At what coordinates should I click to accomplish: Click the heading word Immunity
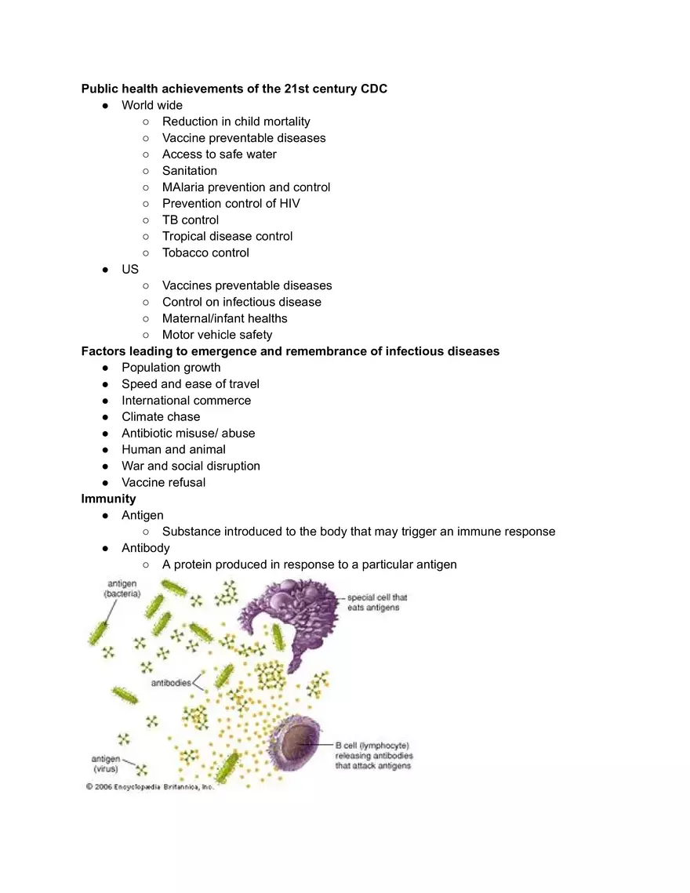pos(108,499)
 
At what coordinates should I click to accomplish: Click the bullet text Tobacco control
pos(205,252)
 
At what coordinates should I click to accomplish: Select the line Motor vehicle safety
pos(217,335)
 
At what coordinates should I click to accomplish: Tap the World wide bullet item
pos(152,105)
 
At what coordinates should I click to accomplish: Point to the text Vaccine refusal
pos(163,482)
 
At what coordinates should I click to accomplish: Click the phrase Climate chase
pos(161,416)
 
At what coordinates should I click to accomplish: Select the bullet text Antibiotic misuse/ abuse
pos(188,433)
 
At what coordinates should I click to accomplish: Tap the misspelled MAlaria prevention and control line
pos(246,187)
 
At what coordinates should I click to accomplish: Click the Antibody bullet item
pos(145,548)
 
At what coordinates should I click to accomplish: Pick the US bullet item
pos(130,269)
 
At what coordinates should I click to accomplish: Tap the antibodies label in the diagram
pos(170,683)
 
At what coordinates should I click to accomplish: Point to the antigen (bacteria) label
pos(122,589)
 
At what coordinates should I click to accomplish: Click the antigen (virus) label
pos(106,764)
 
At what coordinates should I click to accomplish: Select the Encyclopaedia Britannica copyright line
pos(149,787)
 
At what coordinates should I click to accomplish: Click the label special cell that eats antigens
pos(376,602)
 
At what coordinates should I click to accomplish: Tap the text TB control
pos(191,220)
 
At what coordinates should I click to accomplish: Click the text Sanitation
pos(190,171)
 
